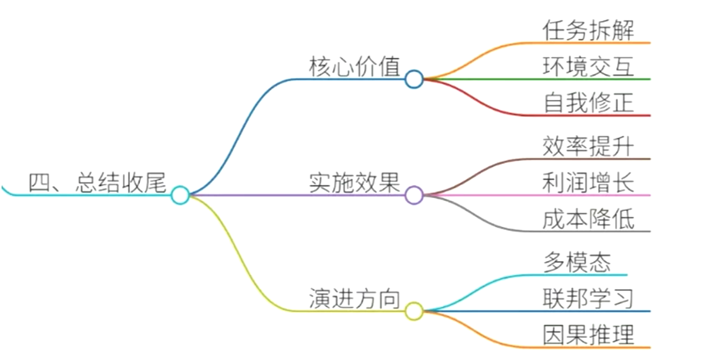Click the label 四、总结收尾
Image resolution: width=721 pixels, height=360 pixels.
97,183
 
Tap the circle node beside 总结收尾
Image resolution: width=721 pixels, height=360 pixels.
180,195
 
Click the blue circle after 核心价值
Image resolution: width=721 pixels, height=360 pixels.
414,79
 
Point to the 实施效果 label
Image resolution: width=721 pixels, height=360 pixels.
354,183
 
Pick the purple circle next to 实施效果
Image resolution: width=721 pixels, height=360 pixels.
414,195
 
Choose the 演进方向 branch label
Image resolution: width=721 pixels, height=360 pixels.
354,299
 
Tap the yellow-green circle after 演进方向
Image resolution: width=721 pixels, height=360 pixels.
414,311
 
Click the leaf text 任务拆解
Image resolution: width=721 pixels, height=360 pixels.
588,30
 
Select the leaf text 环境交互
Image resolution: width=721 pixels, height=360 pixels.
588,67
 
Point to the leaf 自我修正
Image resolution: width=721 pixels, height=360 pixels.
588,103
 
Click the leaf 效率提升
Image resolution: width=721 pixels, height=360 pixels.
588,146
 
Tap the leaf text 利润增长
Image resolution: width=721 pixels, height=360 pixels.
588,183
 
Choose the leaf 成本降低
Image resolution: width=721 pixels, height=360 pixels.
588,219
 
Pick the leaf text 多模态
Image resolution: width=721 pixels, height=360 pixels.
577,263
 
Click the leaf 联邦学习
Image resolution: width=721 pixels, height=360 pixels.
588,299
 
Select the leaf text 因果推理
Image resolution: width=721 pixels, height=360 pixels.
588,335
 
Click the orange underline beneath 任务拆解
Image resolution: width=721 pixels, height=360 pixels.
592,43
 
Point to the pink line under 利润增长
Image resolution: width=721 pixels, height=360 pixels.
592,195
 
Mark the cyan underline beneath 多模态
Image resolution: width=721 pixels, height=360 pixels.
582,275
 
